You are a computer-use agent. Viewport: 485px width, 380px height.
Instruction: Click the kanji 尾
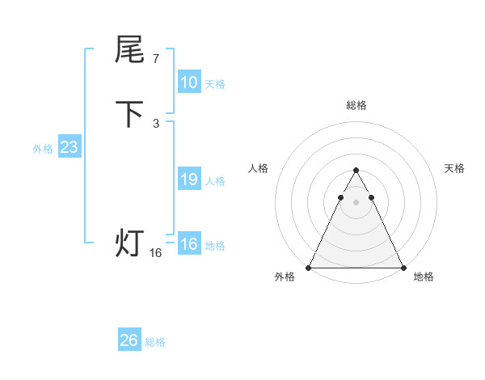tap(129, 50)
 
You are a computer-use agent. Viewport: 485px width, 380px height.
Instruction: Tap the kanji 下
tap(129, 114)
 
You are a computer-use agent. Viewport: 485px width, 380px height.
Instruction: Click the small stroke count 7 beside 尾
tap(155, 58)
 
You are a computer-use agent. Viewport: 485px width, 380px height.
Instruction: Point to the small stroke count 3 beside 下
tap(155, 123)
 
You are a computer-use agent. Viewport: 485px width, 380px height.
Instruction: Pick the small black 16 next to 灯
tap(156, 253)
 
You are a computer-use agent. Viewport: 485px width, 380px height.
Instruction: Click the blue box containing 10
tap(189, 82)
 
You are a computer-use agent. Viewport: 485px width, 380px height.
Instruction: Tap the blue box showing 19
tap(189, 179)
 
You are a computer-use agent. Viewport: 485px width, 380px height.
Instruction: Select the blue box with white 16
tap(189, 244)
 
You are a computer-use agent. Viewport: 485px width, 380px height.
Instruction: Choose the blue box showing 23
tap(69, 147)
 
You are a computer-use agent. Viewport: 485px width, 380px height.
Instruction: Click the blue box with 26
tap(129, 340)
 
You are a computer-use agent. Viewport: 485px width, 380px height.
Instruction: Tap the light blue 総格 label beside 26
tap(156, 342)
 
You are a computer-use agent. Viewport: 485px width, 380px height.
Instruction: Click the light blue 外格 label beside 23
tap(43, 149)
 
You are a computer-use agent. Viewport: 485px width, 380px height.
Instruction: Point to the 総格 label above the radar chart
tap(356, 106)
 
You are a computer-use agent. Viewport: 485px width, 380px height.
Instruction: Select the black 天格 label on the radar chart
tap(455, 168)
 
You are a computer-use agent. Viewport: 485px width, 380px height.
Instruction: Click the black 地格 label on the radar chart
tap(424, 277)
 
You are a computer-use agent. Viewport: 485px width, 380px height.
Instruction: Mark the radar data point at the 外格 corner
tap(309, 267)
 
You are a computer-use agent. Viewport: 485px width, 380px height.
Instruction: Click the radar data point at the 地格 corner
tap(403, 267)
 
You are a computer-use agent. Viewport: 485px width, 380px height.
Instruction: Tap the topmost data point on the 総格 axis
tap(356, 171)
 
